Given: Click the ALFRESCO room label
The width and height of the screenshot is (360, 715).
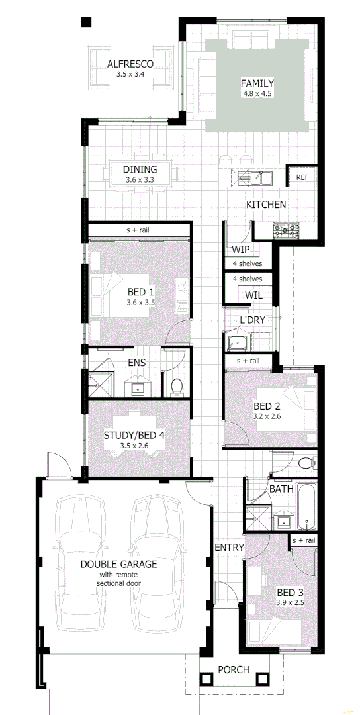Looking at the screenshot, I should click(x=130, y=64).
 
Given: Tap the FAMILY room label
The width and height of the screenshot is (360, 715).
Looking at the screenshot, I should click(x=257, y=83).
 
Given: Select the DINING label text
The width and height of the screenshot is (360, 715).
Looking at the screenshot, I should click(x=140, y=169).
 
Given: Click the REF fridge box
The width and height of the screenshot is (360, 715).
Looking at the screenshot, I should click(x=302, y=177).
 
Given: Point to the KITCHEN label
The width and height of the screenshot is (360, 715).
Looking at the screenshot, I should click(x=266, y=205).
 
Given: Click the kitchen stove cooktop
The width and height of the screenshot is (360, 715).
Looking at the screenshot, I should click(x=287, y=231).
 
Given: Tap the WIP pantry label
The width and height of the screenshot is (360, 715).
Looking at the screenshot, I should click(x=240, y=250).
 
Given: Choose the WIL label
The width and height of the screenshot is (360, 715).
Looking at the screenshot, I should click(x=254, y=295).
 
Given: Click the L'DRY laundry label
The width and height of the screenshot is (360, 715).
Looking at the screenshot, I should click(x=253, y=320).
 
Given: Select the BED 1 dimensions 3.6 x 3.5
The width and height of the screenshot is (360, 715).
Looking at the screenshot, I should click(x=140, y=303).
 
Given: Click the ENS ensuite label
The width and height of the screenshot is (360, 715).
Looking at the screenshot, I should click(x=138, y=363).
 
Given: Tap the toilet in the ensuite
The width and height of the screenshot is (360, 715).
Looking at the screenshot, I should click(x=177, y=385).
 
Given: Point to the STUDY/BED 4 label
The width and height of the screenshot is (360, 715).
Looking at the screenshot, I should click(x=134, y=436).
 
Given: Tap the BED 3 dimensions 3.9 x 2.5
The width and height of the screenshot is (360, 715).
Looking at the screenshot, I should click(x=289, y=603).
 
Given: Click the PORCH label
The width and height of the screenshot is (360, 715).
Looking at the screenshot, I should click(x=234, y=669).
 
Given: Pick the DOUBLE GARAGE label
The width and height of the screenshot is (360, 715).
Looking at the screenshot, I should click(x=119, y=564).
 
